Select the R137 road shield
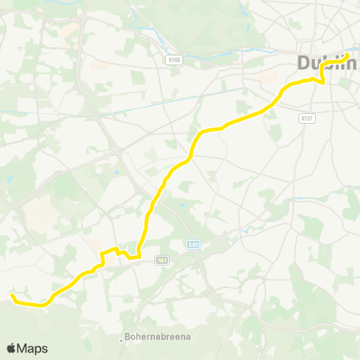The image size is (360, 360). tap(306, 118)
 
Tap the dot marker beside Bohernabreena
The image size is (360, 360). tap(122, 338)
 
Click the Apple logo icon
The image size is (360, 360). tap(11, 348)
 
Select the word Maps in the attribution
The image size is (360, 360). tap(33, 348)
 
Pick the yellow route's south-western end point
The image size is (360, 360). tap(12, 297)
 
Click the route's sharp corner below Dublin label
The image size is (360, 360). tap(322, 81)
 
